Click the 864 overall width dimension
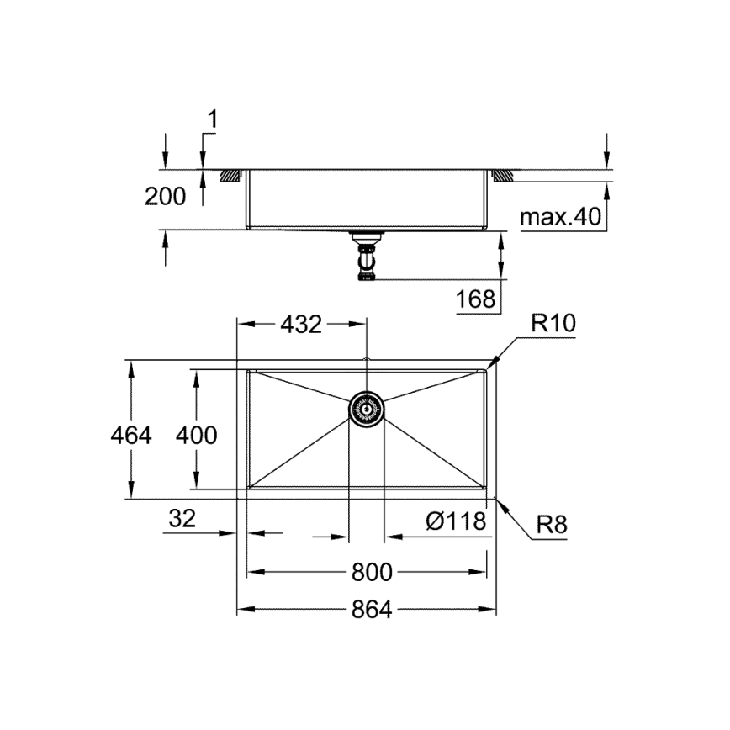coord(372,610)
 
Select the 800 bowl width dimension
coord(372,572)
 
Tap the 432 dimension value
coord(301,324)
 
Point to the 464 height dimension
coord(132,435)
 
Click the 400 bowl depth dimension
coord(196,435)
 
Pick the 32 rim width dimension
coord(181,519)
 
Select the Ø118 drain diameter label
coord(456,521)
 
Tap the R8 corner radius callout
coord(552,526)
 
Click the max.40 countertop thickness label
coord(560,218)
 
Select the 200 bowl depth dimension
coord(166,197)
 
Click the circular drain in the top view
coord(367,409)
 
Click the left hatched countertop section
coord(230,176)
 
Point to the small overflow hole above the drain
coord(367,363)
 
